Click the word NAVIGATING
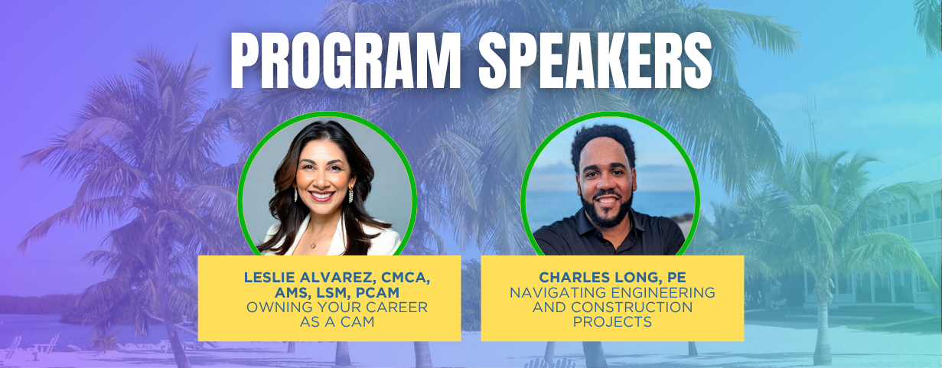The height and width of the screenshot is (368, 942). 558,292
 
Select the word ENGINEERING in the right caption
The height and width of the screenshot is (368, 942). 663,292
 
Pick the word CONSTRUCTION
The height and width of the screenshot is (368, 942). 631,307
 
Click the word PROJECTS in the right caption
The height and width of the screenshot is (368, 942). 612,322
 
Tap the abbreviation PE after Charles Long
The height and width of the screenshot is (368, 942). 676,278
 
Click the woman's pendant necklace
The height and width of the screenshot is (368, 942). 313,245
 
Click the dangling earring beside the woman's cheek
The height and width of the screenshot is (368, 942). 350,194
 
